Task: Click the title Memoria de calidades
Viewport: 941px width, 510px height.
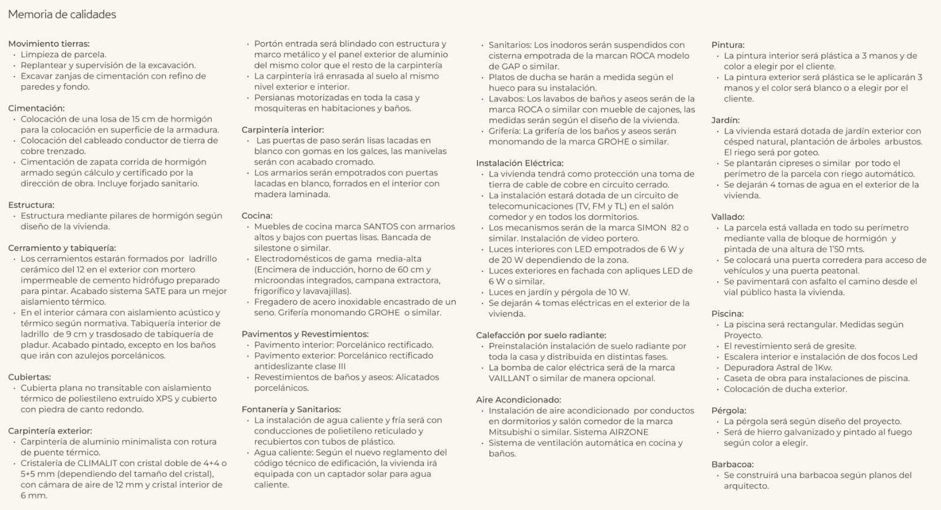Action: (62, 15)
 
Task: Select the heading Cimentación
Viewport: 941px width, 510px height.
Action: (36, 108)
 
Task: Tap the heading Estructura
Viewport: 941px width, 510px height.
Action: (31, 205)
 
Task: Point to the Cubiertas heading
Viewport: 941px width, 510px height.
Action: (29, 377)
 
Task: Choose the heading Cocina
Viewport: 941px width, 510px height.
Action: (257, 216)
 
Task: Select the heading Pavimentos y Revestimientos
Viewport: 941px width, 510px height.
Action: (305, 334)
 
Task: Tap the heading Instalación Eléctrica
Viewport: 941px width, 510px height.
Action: (519, 163)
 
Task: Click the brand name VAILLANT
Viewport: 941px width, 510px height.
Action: (509, 378)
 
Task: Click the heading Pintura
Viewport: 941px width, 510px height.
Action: (728, 45)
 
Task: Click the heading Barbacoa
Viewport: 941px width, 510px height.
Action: (732, 464)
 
